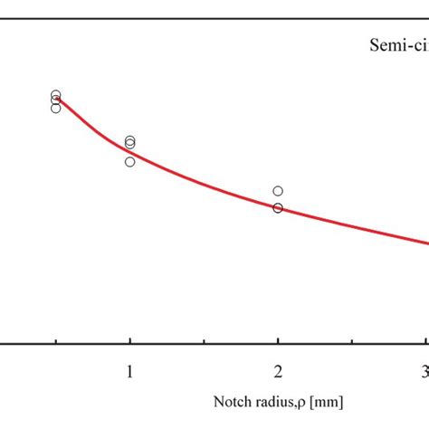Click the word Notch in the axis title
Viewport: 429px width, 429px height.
(233, 400)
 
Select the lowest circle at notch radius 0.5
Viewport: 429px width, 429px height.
(56, 108)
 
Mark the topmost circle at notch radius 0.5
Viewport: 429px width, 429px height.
(56, 95)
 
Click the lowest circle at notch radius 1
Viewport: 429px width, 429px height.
(130, 162)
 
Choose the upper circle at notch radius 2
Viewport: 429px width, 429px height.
(278, 191)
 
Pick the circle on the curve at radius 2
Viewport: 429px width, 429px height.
(278, 208)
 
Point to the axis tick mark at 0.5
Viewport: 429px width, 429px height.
(56, 340)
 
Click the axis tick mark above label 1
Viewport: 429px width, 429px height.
(130, 339)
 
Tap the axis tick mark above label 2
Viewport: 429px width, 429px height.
(278, 339)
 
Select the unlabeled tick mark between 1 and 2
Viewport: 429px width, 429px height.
(205, 340)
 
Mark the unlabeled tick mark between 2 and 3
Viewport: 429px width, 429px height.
(352, 340)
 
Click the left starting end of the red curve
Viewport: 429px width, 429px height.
(56, 98)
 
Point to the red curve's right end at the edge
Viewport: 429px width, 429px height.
(427, 242)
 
